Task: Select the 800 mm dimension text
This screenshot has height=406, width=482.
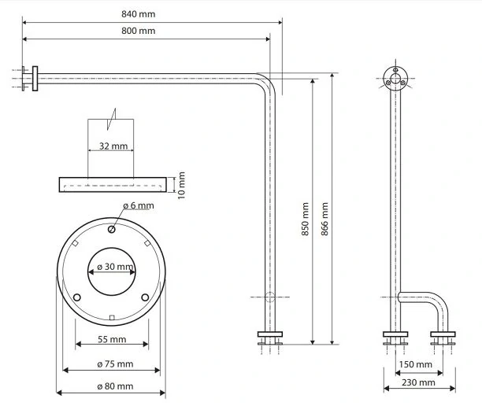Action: (139, 31)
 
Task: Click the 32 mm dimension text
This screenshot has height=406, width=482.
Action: (114, 146)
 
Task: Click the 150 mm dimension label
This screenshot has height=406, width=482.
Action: (416, 365)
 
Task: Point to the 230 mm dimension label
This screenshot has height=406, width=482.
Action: (416, 382)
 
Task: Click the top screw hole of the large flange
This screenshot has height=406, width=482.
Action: (111, 230)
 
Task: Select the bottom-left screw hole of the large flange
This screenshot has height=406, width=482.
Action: (77, 297)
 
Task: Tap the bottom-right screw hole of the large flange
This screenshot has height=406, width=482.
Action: (145, 297)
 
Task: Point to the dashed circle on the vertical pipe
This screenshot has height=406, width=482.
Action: (269, 297)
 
